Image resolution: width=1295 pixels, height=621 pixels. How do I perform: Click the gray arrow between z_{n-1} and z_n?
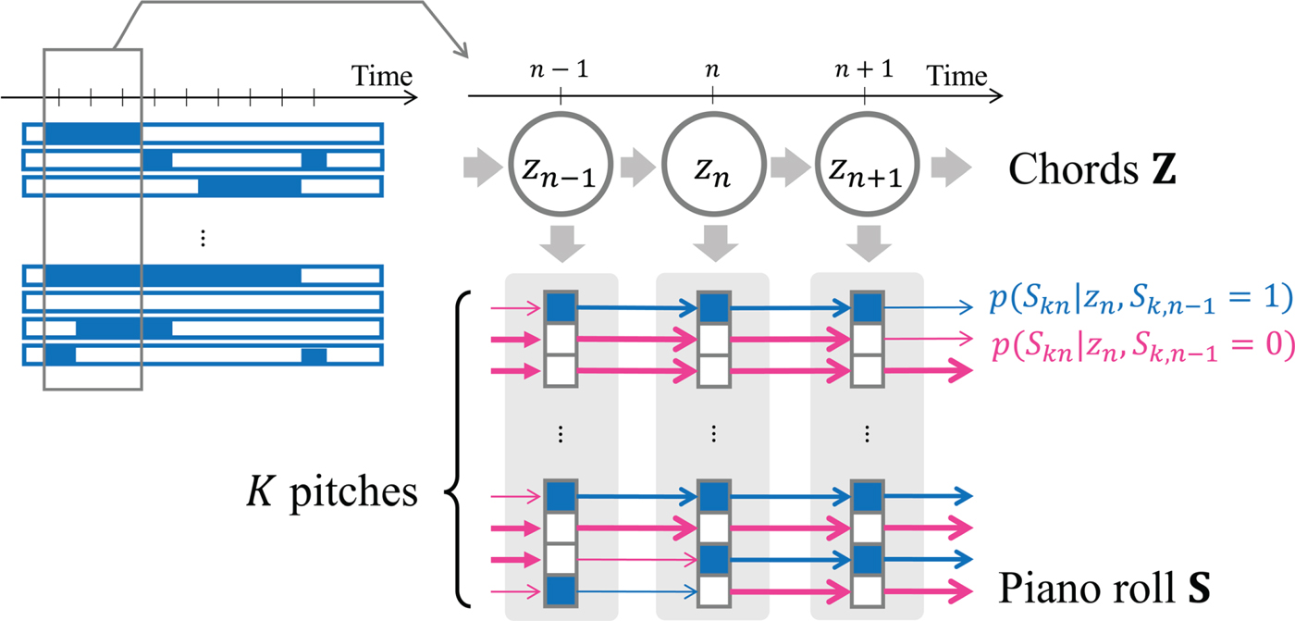pyautogui.click(x=636, y=168)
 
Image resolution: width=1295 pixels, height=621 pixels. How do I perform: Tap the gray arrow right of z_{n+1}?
pyautogui.click(x=951, y=168)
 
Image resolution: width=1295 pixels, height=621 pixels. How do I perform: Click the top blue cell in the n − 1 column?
pyautogui.click(x=561, y=306)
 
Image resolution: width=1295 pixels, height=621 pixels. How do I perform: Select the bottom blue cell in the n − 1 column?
pyautogui.click(x=561, y=590)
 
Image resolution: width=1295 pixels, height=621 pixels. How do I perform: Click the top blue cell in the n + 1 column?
pyautogui.click(x=864, y=306)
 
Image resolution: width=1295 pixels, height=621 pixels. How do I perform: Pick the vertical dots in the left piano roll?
pyautogui.click(x=203, y=239)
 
